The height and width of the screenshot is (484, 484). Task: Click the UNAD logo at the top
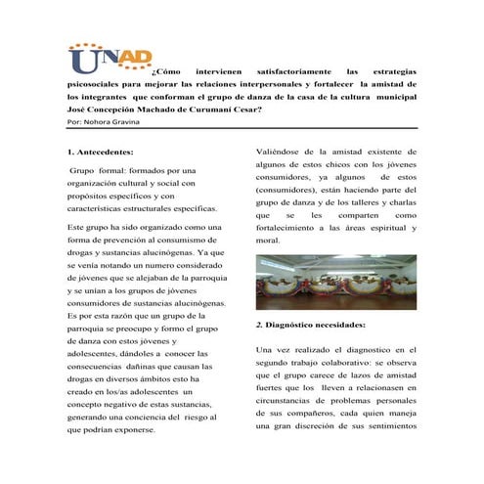pyautogui.click(x=110, y=62)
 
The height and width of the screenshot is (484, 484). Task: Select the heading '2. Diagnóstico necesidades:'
pyautogui.click(x=310, y=324)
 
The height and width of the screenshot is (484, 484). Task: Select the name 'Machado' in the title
pyautogui.click(x=169, y=110)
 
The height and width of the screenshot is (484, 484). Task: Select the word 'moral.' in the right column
pyautogui.click(x=267, y=240)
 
